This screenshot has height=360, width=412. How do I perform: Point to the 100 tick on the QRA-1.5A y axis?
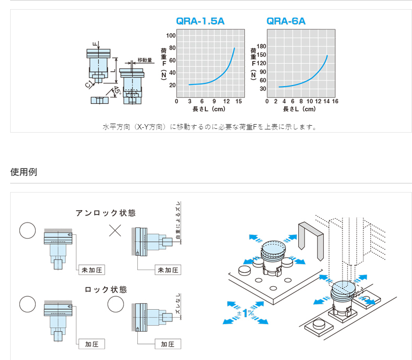[171, 36]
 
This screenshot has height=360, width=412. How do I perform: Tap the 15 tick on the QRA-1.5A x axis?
[239, 102]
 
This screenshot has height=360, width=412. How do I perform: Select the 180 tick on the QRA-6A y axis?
[262, 46]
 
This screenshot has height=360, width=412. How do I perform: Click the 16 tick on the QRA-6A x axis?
[335, 102]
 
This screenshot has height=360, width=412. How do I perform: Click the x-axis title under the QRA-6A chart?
[299, 109]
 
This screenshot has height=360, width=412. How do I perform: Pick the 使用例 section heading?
[24, 172]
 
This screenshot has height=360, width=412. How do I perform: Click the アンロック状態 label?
[105, 213]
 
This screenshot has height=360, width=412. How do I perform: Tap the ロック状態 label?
[106, 289]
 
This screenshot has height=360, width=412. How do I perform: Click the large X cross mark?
[115, 231]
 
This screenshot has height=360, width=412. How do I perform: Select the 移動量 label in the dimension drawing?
[145, 60]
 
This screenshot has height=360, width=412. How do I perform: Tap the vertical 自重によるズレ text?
[178, 221]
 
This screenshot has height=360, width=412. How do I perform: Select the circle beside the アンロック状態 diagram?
[27, 230]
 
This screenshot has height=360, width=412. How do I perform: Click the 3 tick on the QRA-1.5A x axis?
[189, 102]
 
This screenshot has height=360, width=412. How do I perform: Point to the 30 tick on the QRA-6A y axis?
[262, 89]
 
